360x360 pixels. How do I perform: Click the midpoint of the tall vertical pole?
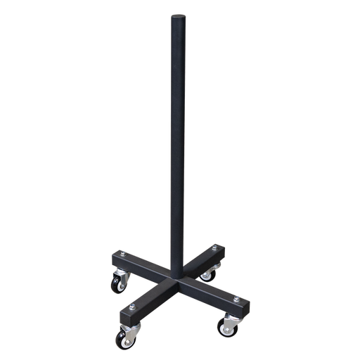176,141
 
